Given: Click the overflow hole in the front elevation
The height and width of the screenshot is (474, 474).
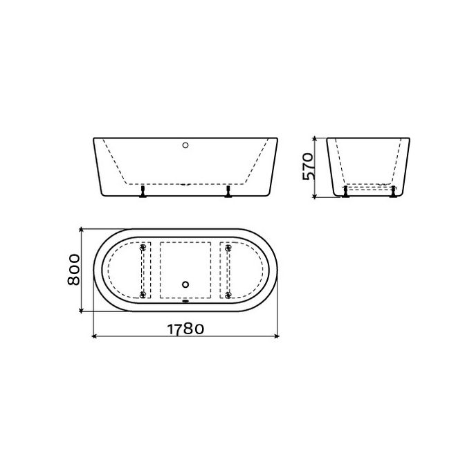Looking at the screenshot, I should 185,145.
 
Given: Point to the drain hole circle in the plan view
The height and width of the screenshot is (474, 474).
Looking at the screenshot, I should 185,283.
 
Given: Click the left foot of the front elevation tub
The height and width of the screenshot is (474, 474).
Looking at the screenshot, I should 143,192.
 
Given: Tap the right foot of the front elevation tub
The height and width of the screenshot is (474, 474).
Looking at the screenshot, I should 227,192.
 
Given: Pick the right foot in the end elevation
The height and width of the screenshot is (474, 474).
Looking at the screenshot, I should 394,192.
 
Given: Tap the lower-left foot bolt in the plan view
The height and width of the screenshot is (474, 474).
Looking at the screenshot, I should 143,295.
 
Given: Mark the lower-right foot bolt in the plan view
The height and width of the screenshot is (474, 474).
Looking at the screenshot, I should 227,295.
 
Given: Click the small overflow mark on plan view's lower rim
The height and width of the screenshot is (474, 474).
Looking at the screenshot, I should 185,301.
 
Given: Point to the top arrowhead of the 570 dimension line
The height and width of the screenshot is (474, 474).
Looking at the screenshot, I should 316,138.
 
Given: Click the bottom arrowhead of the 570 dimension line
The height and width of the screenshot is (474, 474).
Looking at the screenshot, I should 316,197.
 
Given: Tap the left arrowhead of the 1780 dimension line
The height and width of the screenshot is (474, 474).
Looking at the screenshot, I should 95,338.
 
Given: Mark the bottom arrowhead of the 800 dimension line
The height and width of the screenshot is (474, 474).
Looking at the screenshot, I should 82,311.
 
